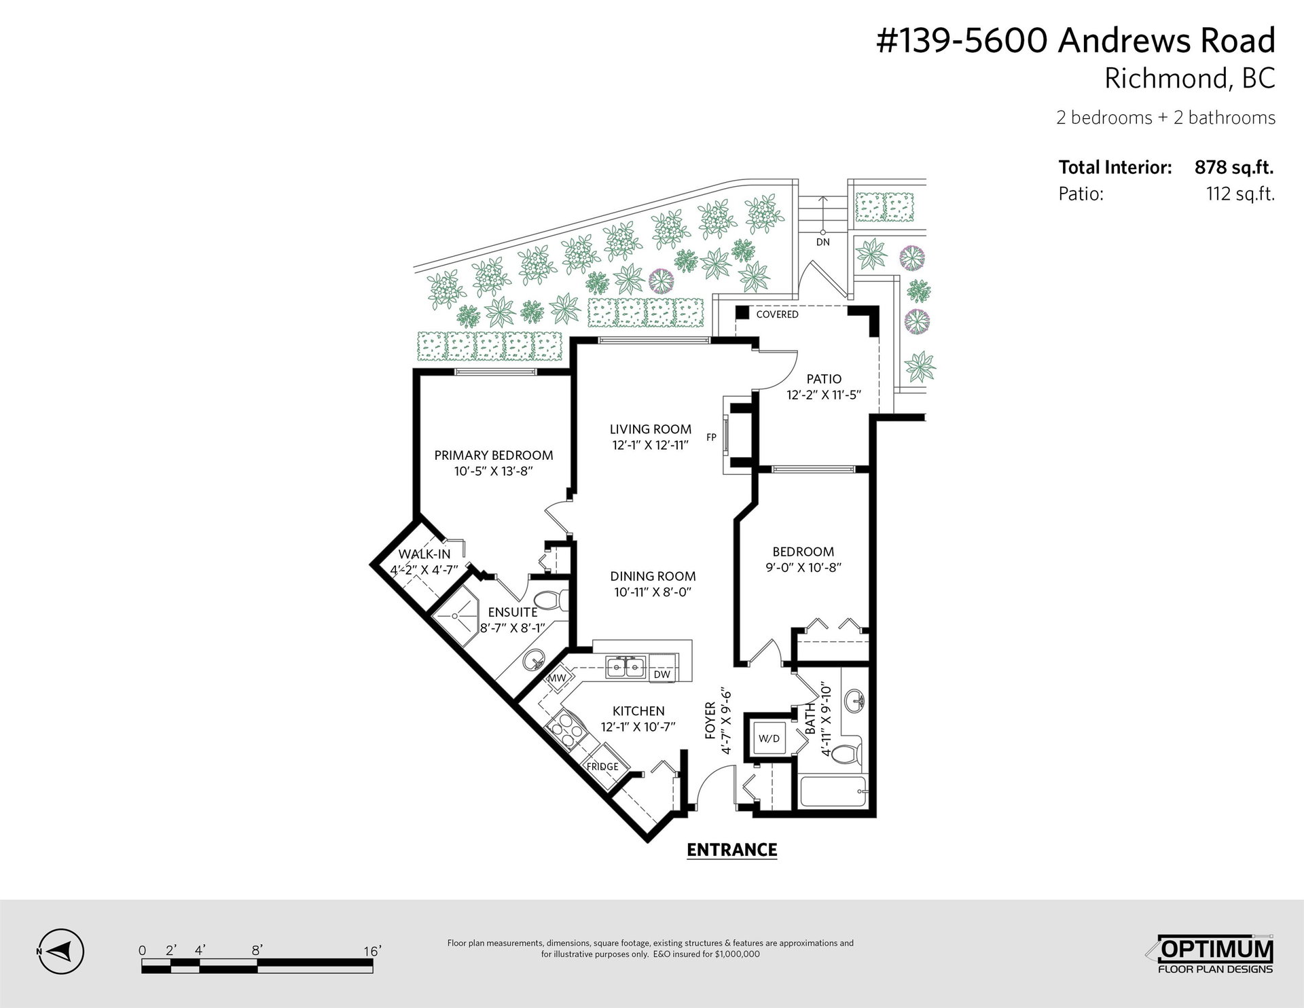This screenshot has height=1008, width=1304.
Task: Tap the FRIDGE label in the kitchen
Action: point(602,767)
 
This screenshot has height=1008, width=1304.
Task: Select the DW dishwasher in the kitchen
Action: point(662,674)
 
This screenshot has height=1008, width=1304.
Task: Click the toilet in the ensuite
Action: point(549,600)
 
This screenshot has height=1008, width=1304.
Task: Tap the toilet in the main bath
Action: point(846,755)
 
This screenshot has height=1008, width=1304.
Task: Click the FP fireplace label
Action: point(711,437)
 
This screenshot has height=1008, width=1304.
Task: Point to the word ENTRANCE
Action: point(732,850)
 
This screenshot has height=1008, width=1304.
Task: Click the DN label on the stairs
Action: point(822,242)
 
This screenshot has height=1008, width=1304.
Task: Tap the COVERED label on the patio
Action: point(777,314)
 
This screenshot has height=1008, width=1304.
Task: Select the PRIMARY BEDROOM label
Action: point(494,455)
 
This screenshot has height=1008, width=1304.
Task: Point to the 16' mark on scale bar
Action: point(372,951)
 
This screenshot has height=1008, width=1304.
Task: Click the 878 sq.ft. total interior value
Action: point(1234,167)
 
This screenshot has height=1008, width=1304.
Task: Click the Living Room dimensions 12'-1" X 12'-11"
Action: point(651,446)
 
